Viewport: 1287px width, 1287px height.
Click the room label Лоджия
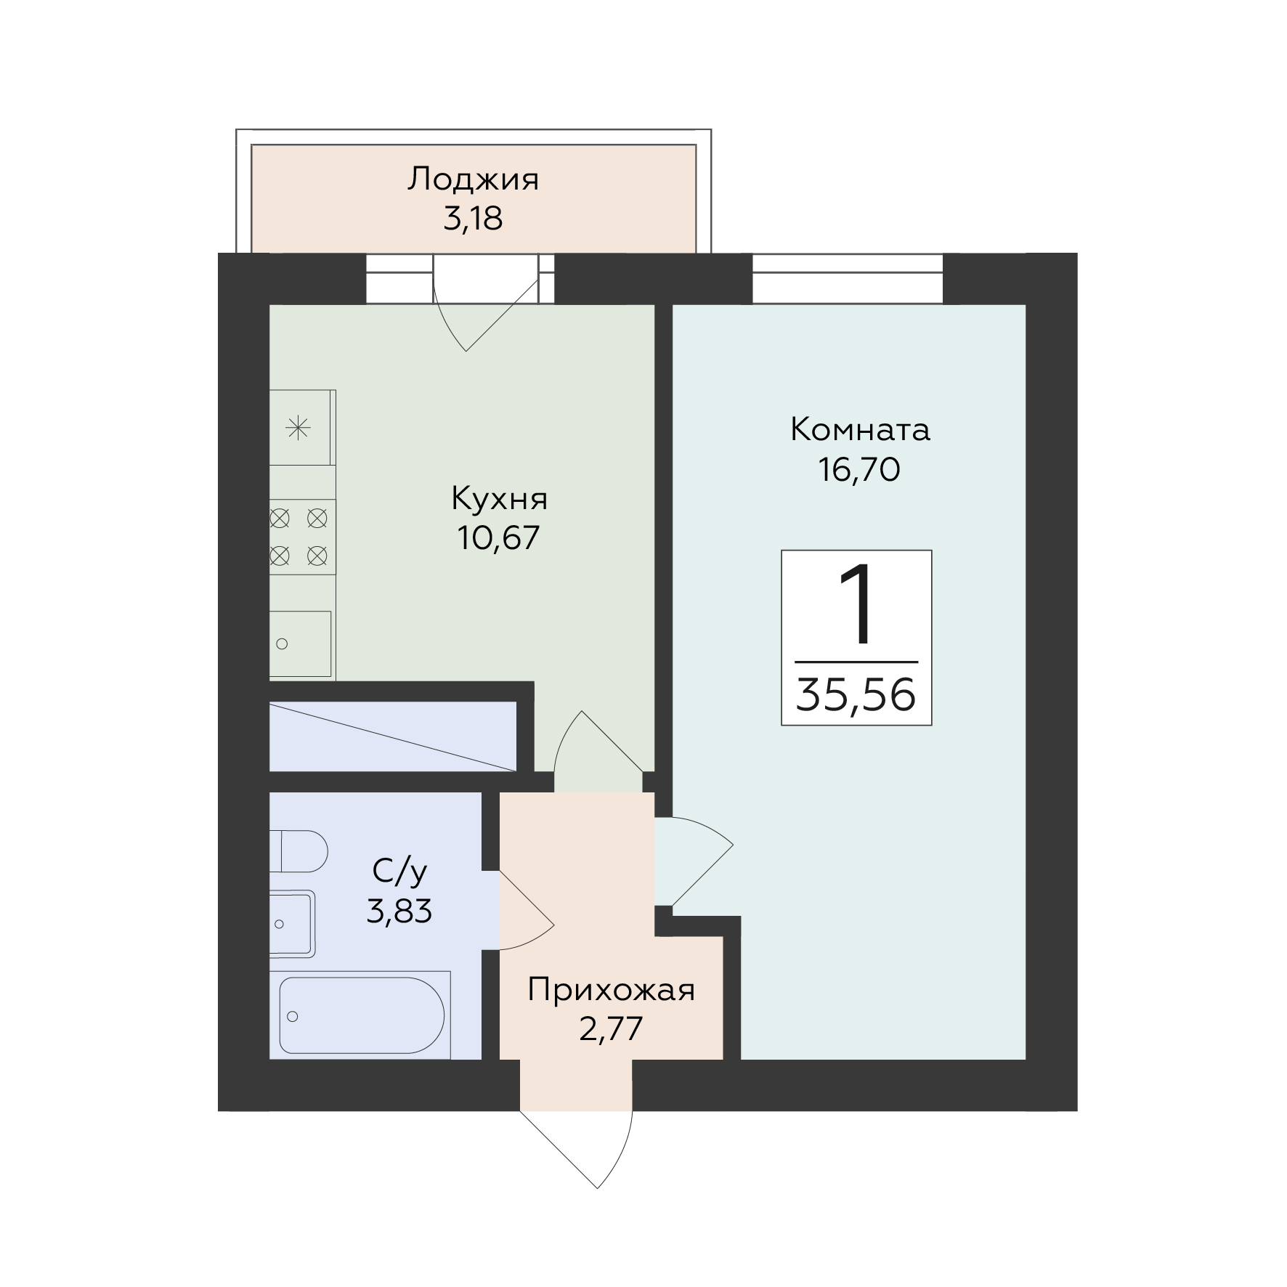473,179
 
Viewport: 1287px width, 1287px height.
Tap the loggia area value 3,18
473,218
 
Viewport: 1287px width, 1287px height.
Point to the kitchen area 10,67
498,537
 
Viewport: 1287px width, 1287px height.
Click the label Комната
860,430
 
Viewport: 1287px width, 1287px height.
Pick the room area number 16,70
859,469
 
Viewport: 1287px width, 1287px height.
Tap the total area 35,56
856,694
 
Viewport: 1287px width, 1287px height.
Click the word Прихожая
611,990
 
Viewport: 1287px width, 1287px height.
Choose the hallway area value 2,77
611,1029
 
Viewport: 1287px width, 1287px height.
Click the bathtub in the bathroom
361,1015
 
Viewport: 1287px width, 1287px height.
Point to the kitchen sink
300,643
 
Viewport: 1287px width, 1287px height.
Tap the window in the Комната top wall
848,278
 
